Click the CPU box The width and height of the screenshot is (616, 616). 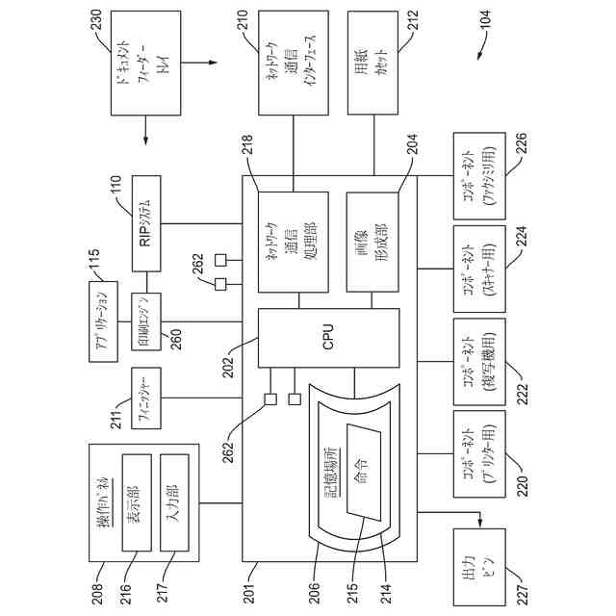click(327, 338)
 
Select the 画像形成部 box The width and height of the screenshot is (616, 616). click(372, 243)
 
